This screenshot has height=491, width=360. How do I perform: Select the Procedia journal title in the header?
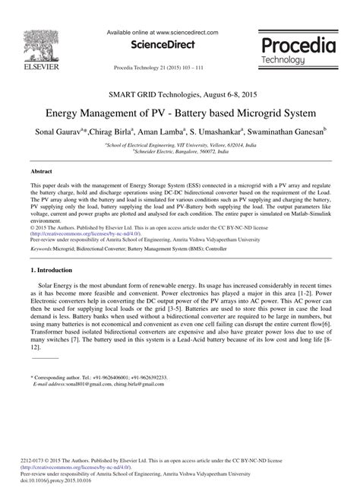tap(298, 45)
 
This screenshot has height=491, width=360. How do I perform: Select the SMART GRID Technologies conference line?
tap(180, 94)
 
